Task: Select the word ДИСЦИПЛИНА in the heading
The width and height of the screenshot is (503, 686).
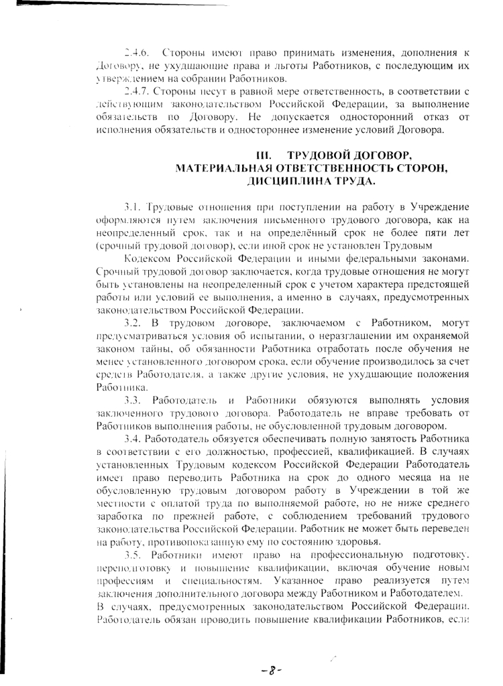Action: (284, 180)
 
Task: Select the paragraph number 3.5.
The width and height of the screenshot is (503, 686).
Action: (131, 555)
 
